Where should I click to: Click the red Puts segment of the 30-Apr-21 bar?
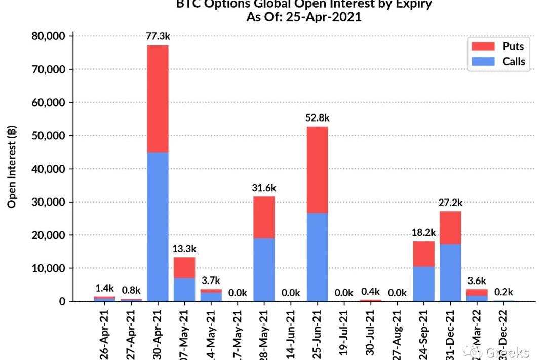point(158,99)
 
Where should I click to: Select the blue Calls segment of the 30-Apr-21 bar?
point(158,226)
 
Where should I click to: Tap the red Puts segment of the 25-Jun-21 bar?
point(317,170)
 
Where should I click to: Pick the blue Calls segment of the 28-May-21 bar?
point(264,269)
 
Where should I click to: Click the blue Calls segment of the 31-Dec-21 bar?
point(450,272)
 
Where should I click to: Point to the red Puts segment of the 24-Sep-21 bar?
point(423,254)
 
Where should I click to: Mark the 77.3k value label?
point(158,36)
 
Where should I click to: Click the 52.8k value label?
point(317,118)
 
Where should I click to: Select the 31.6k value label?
point(264,188)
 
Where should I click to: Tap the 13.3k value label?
point(184,249)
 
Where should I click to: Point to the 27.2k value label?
point(450,203)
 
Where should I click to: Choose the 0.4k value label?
point(370,291)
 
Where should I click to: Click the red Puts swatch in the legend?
point(483,46)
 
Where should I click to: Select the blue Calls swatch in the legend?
point(483,62)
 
